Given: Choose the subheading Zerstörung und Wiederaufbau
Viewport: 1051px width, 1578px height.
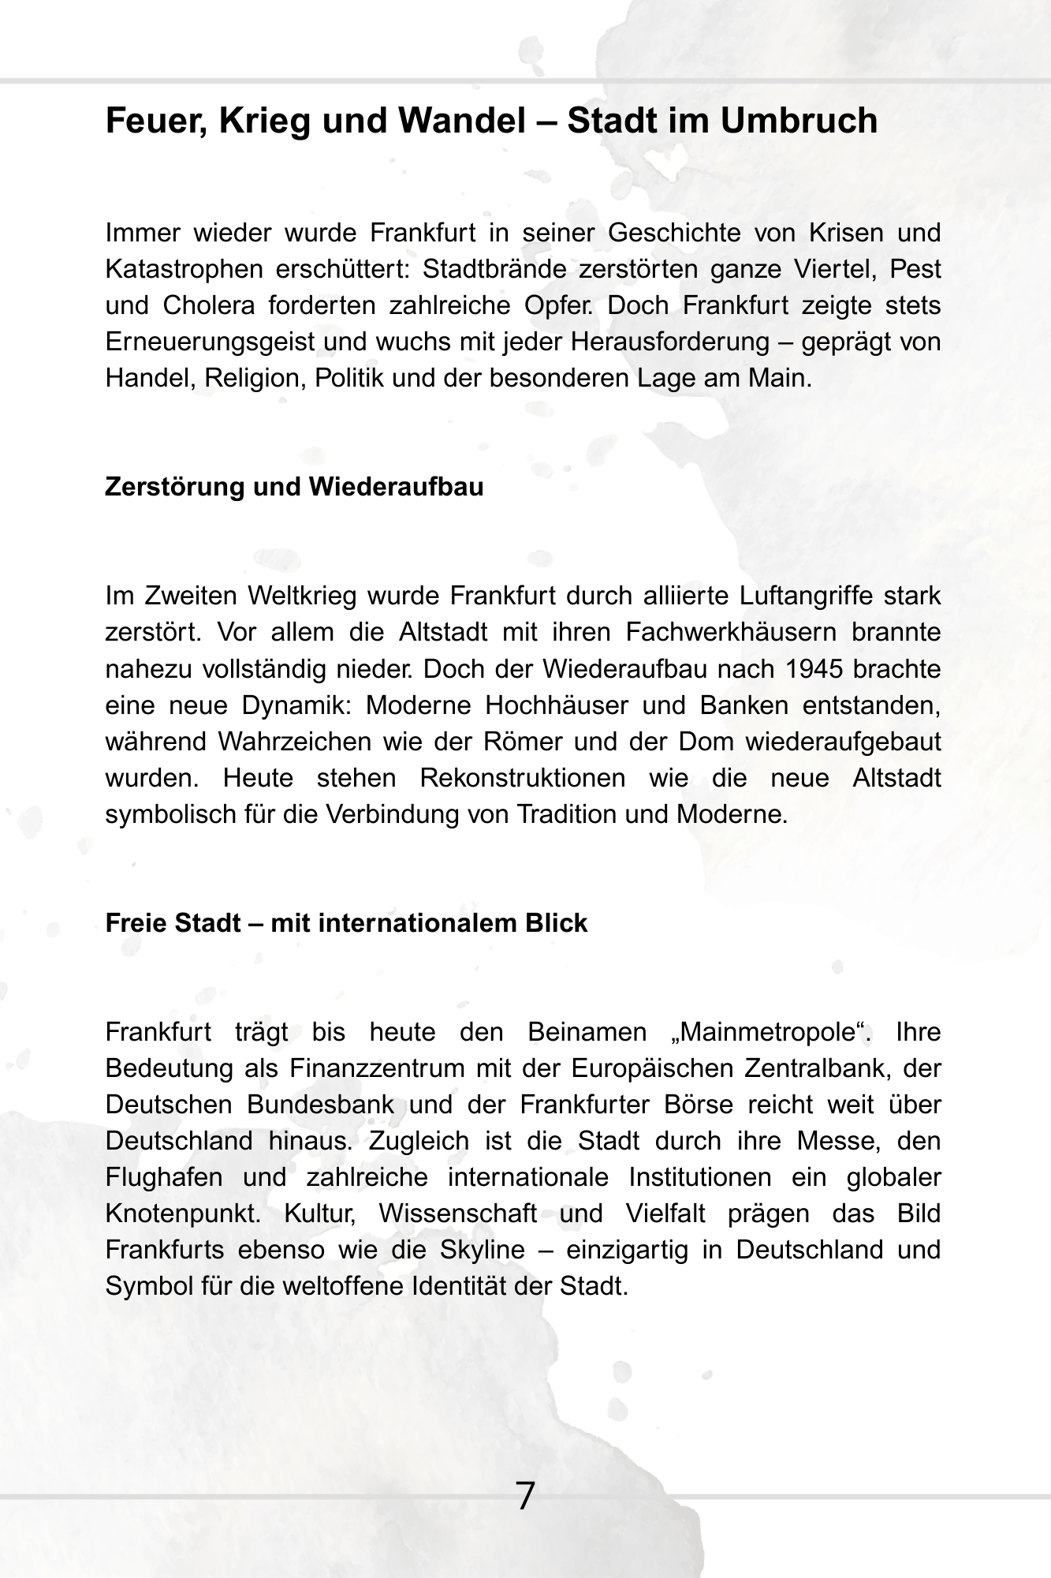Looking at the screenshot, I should (x=294, y=487).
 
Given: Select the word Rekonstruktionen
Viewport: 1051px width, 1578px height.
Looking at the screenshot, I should (x=522, y=778).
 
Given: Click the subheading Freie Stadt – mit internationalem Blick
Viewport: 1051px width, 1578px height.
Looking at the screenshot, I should (x=346, y=923).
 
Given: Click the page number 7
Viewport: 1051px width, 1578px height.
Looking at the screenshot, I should (x=525, y=1496).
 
